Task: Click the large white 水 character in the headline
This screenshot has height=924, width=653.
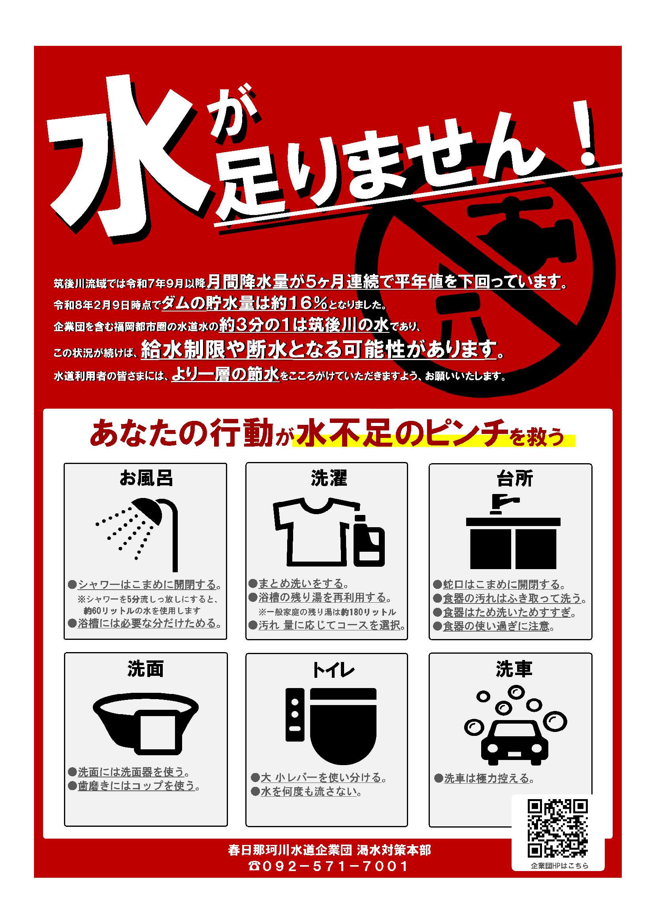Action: pos(129,157)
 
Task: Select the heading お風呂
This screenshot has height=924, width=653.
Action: pos(146,478)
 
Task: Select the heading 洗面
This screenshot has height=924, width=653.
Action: pos(145,668)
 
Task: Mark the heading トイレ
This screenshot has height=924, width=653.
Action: pos(333,669)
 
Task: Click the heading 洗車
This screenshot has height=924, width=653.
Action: pos(514,668)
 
